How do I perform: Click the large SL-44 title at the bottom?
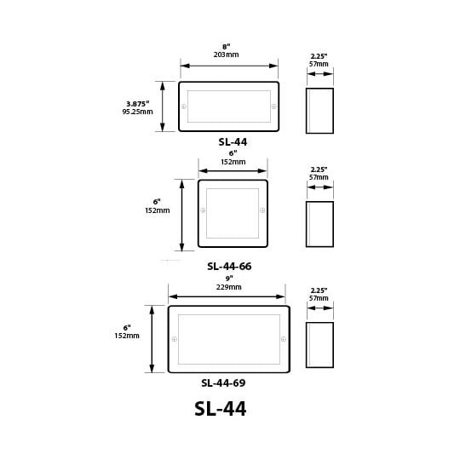(x=221, y=408)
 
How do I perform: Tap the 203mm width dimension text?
(x=227, y=55)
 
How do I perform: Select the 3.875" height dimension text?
(x=138, y=104)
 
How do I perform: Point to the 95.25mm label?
(x=138, y=112)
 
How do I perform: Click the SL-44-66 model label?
(x=229, y=267)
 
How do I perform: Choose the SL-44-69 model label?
(x=223, y=382)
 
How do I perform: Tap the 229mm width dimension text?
(x=229, y=287)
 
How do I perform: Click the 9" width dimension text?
(x=229, y=279)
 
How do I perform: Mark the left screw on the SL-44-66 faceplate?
(x=203, y=210)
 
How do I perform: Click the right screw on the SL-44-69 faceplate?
(x=284, y=339)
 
